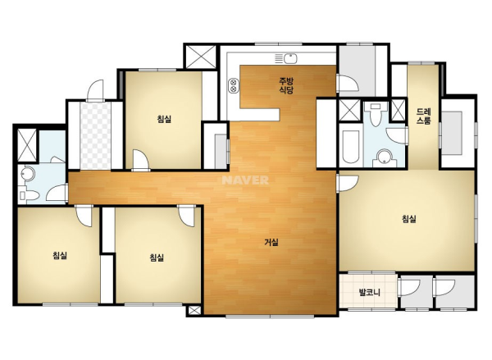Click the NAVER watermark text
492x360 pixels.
245,180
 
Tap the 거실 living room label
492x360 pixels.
271,242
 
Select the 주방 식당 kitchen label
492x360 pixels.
286,86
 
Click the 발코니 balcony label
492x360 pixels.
370,293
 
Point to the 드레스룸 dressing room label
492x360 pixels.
424,116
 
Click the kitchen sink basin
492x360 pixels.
290,58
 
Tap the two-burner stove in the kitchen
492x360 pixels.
234,85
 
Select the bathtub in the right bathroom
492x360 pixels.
350,147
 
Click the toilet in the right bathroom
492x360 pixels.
376,113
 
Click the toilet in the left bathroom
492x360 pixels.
29,195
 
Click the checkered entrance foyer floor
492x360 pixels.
95,135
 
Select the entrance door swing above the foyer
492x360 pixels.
95,90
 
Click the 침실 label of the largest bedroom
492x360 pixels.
409,219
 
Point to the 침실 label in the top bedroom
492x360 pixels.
165,119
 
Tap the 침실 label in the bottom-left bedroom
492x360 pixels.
60,256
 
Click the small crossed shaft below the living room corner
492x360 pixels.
194,311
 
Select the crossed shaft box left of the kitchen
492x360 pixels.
201,57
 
